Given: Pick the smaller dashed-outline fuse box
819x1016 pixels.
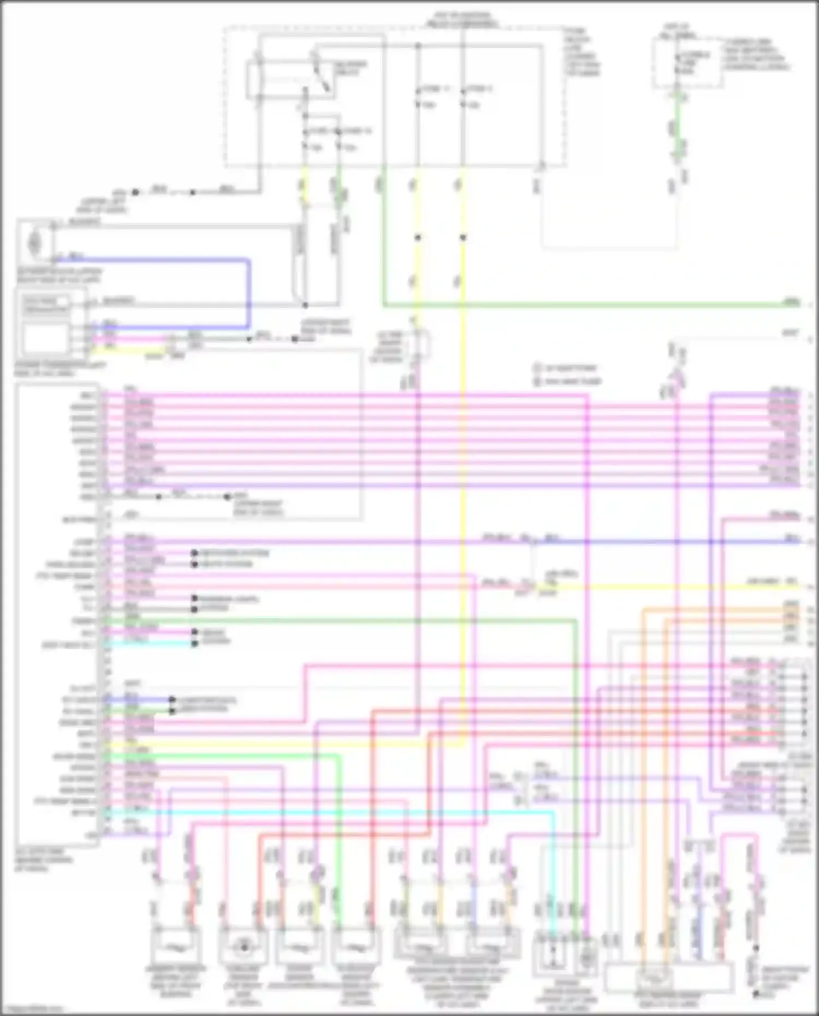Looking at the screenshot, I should (x=687, y=63).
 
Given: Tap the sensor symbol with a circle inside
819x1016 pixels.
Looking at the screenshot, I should (x=244, y=947).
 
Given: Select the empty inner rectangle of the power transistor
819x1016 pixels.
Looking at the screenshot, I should (x=46, y=338).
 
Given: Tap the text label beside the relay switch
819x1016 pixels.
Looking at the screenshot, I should (x=349, y=68).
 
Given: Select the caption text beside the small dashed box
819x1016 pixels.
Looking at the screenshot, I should (x=756, y=55).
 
